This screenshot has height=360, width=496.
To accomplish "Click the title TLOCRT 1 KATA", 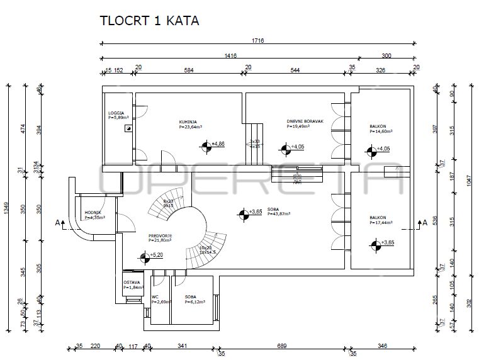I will [149, 20].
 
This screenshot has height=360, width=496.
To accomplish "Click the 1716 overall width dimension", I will [258, 40].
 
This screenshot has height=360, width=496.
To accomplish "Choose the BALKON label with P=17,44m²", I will [381, 220].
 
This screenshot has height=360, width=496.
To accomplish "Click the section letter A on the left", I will [57, 222].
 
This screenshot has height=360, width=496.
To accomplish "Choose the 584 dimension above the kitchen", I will [188, 69].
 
